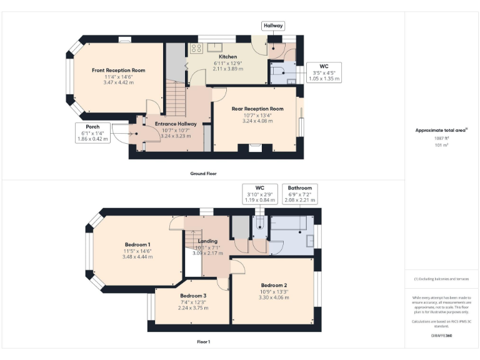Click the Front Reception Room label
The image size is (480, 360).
coord(118,71)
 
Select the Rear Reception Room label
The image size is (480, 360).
coord(257,109)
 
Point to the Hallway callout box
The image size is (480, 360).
coord(273,26)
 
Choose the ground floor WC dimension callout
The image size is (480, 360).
coord(324,72)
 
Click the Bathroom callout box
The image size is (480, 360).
coord(300,194)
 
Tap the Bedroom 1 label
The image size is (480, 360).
coord(137,244)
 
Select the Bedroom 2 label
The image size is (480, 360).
coord(274,285)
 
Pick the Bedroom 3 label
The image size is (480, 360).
coord(192,296)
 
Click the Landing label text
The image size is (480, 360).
coord(207,241)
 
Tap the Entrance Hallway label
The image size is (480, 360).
coord(176,124)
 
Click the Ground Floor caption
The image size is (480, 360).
coord(204,173)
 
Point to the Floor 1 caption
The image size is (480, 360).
coord(204,342)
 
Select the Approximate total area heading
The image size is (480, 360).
coord(441,130)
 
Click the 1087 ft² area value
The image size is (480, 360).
coord(441,137)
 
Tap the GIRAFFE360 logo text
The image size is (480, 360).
coord(441,336)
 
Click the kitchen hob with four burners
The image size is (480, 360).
coord(196,48)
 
